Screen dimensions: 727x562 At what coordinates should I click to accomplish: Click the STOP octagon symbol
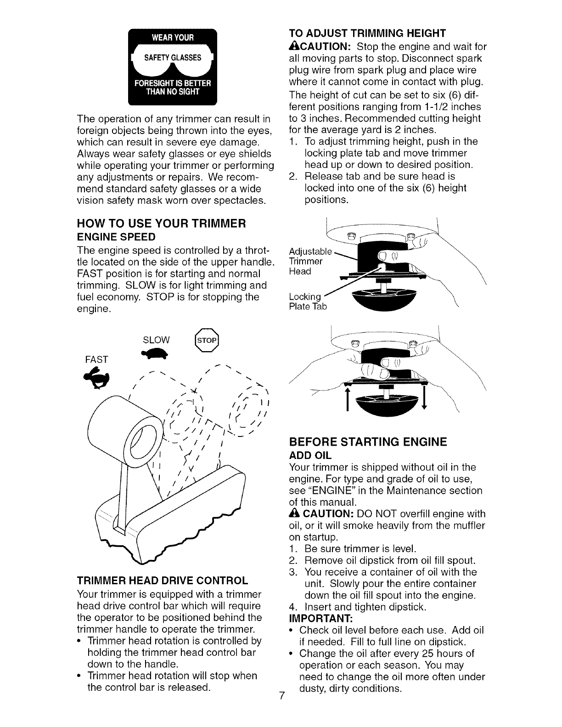click(208, 340)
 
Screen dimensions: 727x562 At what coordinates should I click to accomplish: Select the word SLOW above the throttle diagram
click(157, 340)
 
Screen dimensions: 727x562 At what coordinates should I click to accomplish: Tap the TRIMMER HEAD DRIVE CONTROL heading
click(163, 580)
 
